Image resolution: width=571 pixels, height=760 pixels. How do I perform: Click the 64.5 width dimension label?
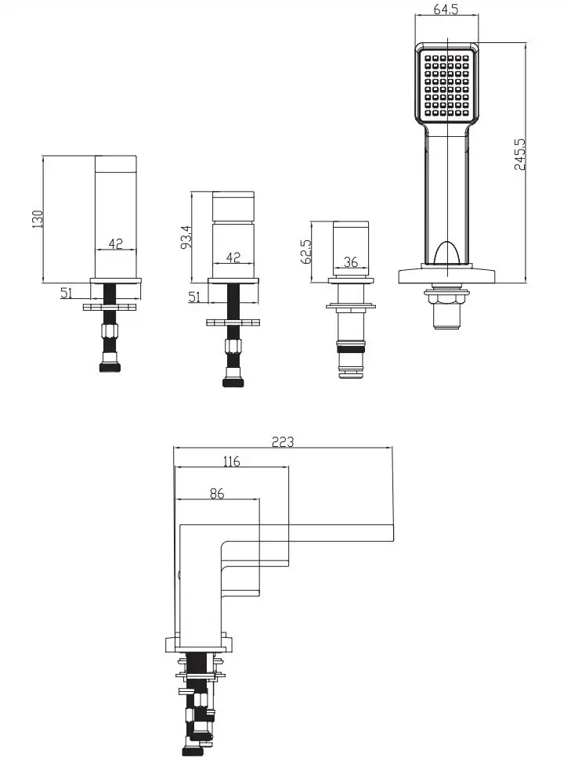pyautogui.click(x=446, y=9)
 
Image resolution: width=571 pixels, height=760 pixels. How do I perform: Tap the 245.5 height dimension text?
pyautogui.click(x=520, y=154)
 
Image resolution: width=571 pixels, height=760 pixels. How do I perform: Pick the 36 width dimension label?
pyautogui.click(x=350, y=261)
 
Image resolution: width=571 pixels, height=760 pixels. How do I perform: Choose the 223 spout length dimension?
pyautogui.click(x=283, y=441)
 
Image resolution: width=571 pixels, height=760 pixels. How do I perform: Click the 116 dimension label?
pyautogui.click(x=231, y=461)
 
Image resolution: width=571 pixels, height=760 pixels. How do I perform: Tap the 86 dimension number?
pyautogui.click(x=217, y=493)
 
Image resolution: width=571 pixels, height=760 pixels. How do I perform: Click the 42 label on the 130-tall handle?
pyautogui.click(x=115, y=243)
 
